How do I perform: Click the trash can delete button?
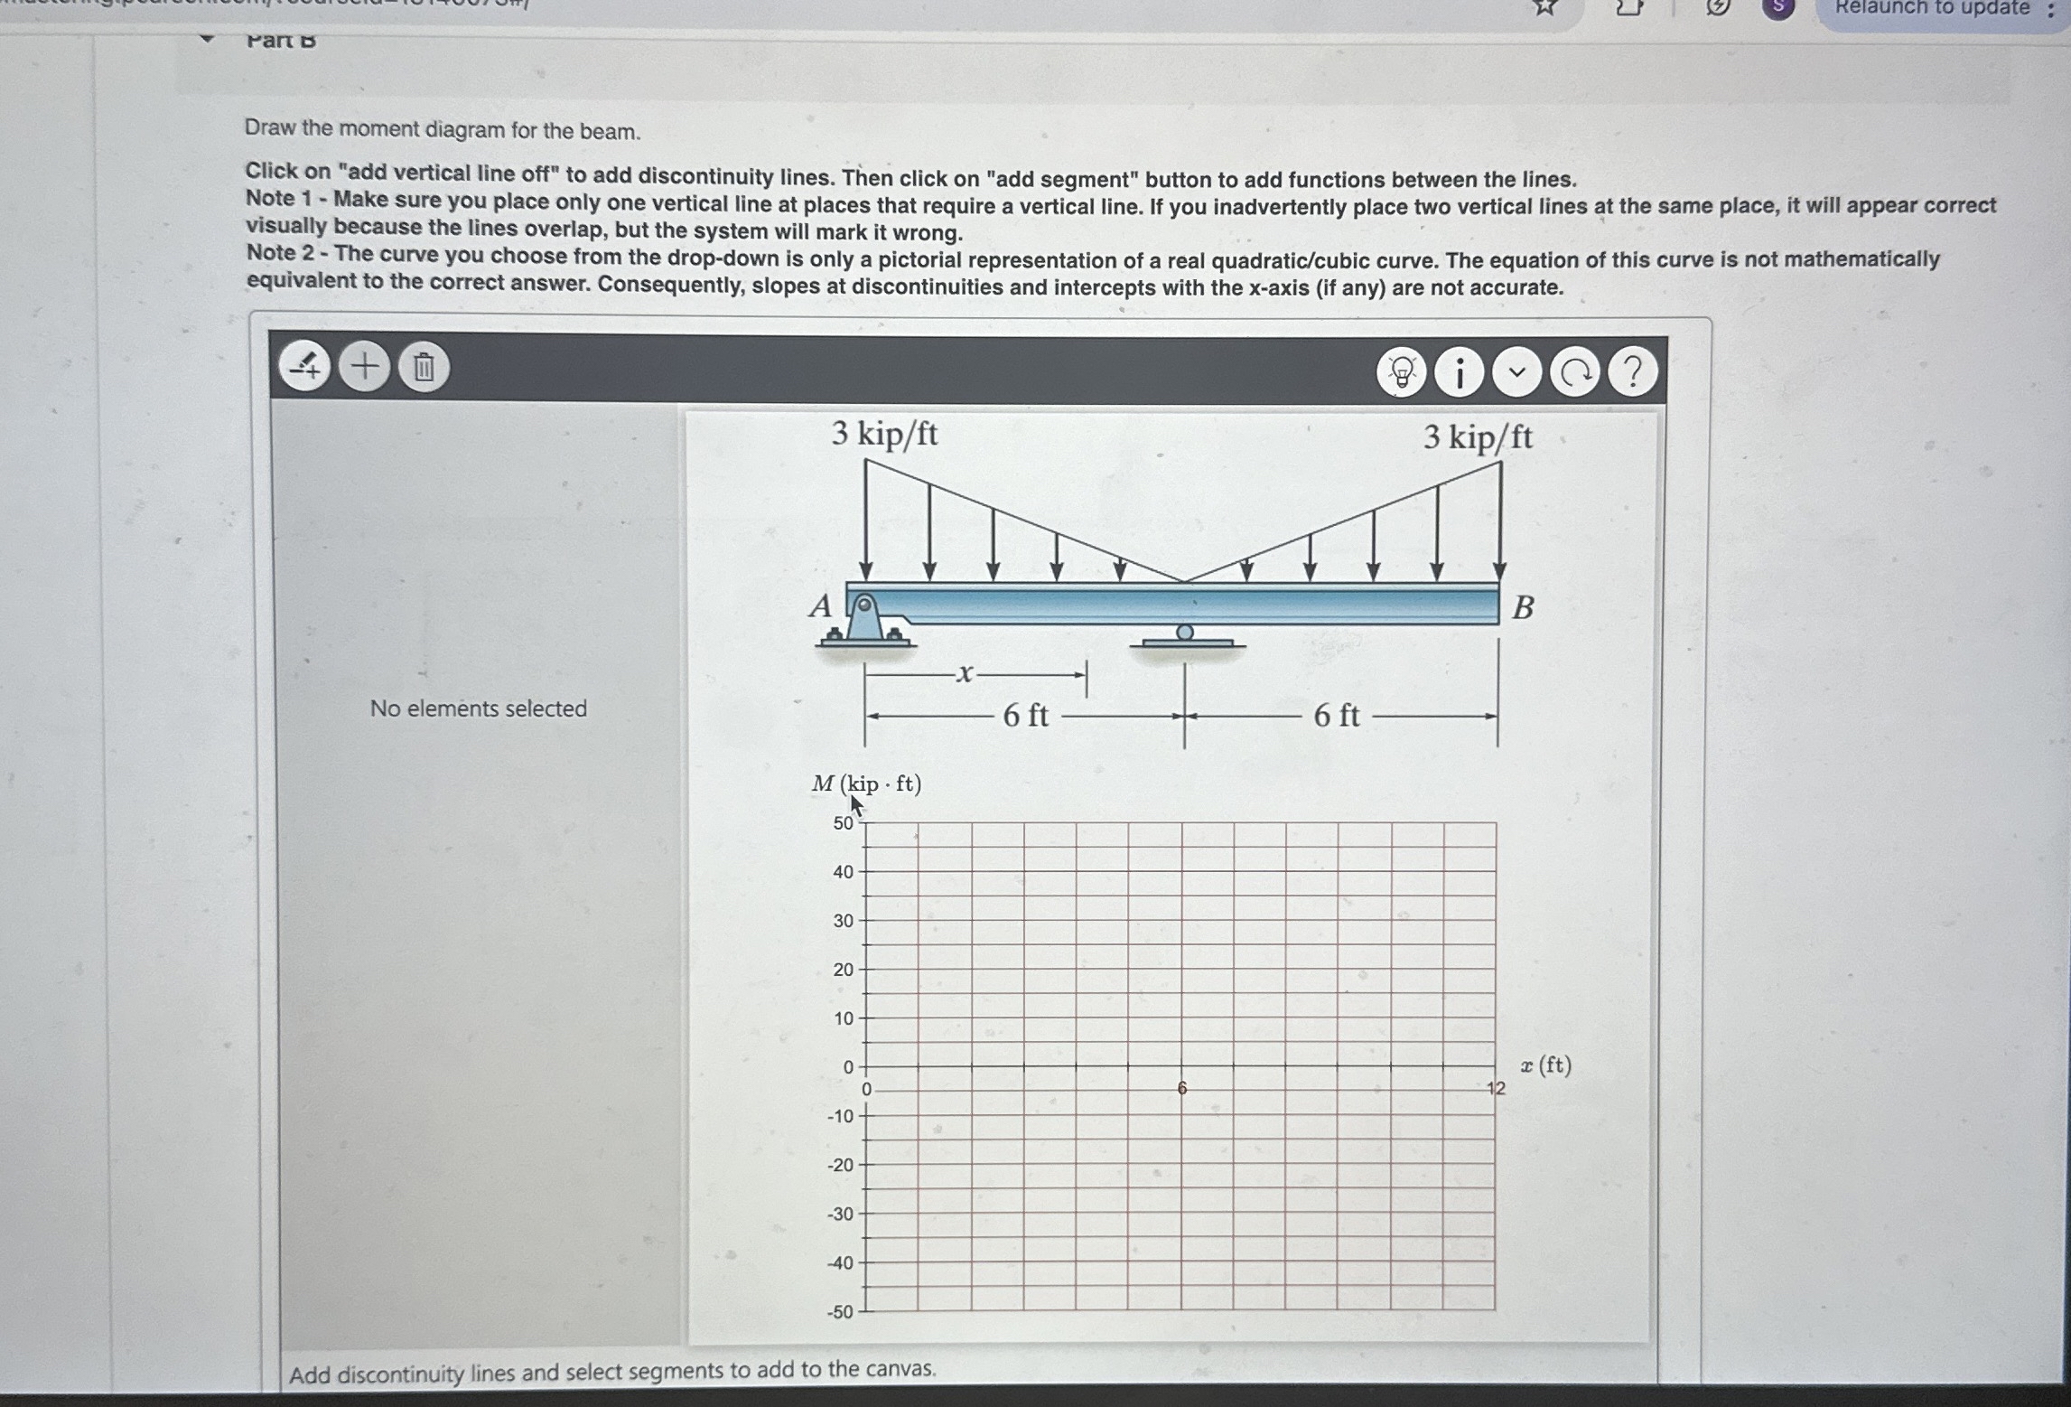(424, 368)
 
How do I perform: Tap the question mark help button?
(1632, 371)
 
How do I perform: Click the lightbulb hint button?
(1402, 371)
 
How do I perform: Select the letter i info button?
(1460, 371)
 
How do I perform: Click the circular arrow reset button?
(1575, 371)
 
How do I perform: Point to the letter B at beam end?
(1523, 608)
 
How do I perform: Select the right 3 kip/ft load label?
(1478, 438)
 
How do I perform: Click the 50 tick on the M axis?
(843, 823)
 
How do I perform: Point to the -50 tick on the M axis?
(840, 1312)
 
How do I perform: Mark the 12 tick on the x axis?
(1497, 1088)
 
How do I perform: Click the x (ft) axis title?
(1545, 1065)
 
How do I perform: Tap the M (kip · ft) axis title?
(866, 783)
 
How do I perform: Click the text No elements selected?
(478, 708)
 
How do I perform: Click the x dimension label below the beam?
(966, 673)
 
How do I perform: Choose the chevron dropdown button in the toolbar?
(1517, 371)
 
